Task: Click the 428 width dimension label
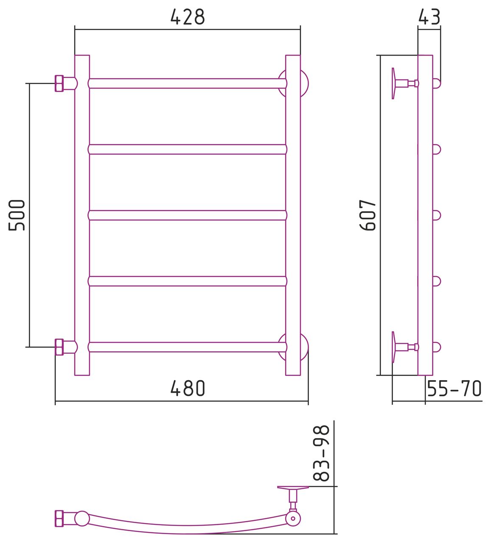188,17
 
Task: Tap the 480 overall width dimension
188,389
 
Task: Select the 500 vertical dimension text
17,215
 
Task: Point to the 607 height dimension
368,215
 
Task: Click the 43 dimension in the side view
429,17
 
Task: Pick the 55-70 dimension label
454,389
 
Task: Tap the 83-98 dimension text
321,453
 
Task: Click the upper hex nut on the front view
59,84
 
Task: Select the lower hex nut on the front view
59,347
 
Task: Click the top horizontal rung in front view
188,84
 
